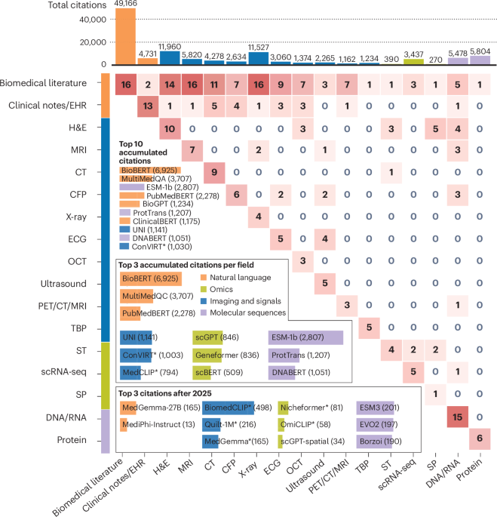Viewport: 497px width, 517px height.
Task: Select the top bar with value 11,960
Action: pyautogui.click(x=170, y=57)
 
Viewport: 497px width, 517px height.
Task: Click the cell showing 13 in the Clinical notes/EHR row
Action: pyautogui.click(x=148, y=106)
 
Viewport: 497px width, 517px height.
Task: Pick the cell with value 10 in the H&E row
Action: pyautogui.click(x=170, y=129)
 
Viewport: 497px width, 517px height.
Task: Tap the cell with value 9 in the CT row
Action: pyautogui.click(x=214, y=173)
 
